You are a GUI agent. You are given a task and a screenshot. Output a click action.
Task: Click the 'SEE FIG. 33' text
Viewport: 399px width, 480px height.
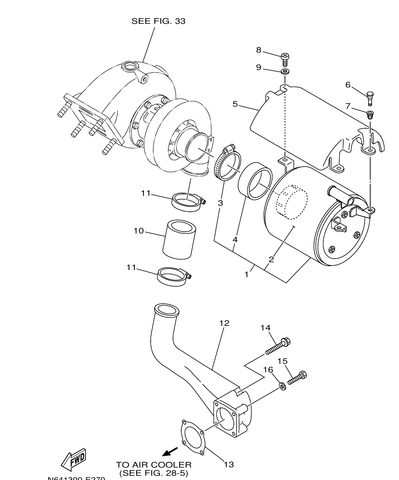click(x=158, y=21)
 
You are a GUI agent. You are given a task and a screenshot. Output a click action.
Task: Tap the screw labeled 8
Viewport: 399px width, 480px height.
click(x=285, y=59)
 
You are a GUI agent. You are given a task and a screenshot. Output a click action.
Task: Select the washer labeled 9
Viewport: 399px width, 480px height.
click(x=285, y=72)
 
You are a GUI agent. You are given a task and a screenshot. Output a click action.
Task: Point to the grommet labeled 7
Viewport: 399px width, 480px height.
click(x=370, y=114)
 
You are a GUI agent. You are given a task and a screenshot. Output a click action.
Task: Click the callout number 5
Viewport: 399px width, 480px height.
click(x=235, y=104)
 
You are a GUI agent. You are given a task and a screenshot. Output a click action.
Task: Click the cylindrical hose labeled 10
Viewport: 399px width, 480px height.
click(x=179, y=240)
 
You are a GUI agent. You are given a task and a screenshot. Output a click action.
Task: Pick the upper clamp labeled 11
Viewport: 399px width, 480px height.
click(x=186, y=202)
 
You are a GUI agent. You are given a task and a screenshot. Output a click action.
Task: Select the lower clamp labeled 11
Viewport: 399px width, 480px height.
click(x=173, y=276)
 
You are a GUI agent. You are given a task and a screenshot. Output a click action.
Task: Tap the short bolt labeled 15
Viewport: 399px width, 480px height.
click(x=297, y=378)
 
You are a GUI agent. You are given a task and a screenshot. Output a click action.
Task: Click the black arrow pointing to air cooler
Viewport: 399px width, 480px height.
click(x=170, y=452)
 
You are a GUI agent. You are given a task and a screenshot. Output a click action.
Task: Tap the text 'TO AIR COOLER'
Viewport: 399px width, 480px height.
click(x=153, y=465)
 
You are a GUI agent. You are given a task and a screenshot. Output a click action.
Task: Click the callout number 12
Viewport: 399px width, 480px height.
click(x=224, y=323)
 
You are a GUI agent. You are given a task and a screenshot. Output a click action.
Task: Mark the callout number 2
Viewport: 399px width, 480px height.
click(x=271, y=259)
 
